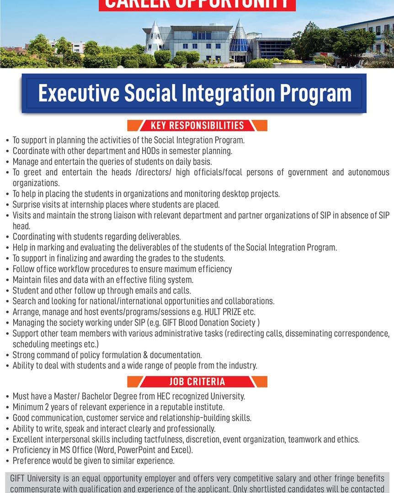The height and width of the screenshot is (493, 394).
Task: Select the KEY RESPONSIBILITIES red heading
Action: point(197,125)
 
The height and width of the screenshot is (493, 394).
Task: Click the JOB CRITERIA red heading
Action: point(197,381)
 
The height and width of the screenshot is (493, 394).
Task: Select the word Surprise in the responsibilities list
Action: point(27,204)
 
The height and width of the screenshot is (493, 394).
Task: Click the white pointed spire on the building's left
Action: point(155,37)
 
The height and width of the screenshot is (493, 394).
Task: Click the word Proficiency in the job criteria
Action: point(32,450)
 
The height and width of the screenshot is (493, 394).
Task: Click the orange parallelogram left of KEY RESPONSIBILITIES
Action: point(136,125)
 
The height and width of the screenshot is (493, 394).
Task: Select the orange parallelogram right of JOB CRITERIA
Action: point(259,381)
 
